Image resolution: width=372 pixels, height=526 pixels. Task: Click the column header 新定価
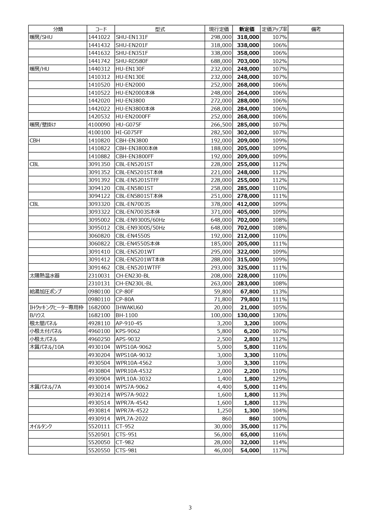[x=246, y=29]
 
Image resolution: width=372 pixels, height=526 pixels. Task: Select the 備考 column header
[x=316, y=29]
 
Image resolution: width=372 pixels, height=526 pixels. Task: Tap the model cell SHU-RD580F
[x=132, y=61]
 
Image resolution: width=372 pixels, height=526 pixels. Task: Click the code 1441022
[x=99, y=37]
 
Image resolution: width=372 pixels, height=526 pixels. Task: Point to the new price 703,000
[x=248, y=61]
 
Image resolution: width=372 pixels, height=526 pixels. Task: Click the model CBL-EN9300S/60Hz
[x=140, y=220]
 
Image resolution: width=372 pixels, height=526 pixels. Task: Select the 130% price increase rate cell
[x=279, y=315]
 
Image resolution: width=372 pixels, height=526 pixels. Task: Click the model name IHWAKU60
[x=129, y=308]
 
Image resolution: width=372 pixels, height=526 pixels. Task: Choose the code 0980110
[x=99, y=299]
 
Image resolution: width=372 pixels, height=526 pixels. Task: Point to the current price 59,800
[x=223, y=292]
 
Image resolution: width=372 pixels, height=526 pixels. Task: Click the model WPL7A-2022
[x=132, y=419]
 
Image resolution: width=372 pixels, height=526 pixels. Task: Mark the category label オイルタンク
[x=41, y=426]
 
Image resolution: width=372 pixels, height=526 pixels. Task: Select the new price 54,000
[x=250, y=450]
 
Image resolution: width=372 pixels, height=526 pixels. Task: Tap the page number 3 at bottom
[x=190, y=508]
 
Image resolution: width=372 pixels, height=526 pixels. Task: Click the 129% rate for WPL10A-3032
[x=279, y=379]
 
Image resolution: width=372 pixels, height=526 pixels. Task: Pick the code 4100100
[x=99, y=132]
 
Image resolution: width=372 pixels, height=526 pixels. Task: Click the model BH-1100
[x=127, y=315]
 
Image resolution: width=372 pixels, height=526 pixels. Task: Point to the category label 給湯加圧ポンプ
[x=46, y=292]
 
